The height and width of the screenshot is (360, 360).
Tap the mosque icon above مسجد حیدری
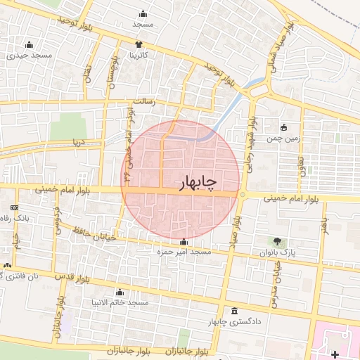pos(28,44)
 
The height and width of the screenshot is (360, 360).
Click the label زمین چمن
pos(284,139)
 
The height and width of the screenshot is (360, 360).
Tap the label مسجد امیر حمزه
pos(184,251)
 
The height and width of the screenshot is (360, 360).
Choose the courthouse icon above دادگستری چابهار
pos(234,311)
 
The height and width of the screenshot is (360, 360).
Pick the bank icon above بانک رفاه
pos(15,208)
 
